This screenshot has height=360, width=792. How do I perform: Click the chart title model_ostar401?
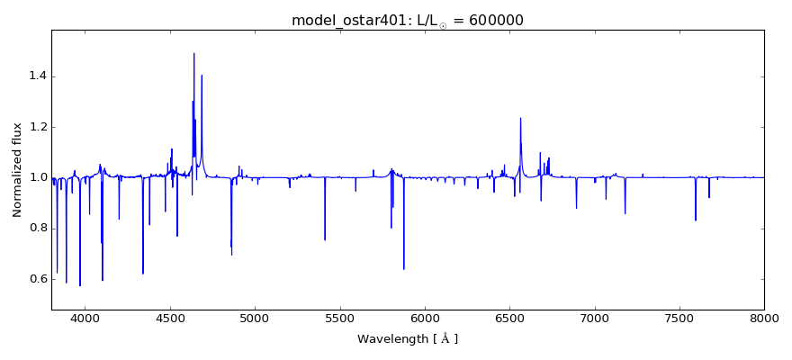tap(346, 21)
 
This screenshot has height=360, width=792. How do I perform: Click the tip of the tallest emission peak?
tap(193, 53)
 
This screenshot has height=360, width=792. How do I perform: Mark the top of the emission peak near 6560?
tap(520, 118)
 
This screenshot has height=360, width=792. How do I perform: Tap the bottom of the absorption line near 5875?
tap(403, 269)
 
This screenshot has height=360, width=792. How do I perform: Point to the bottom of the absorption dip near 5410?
tap(325, 239)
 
